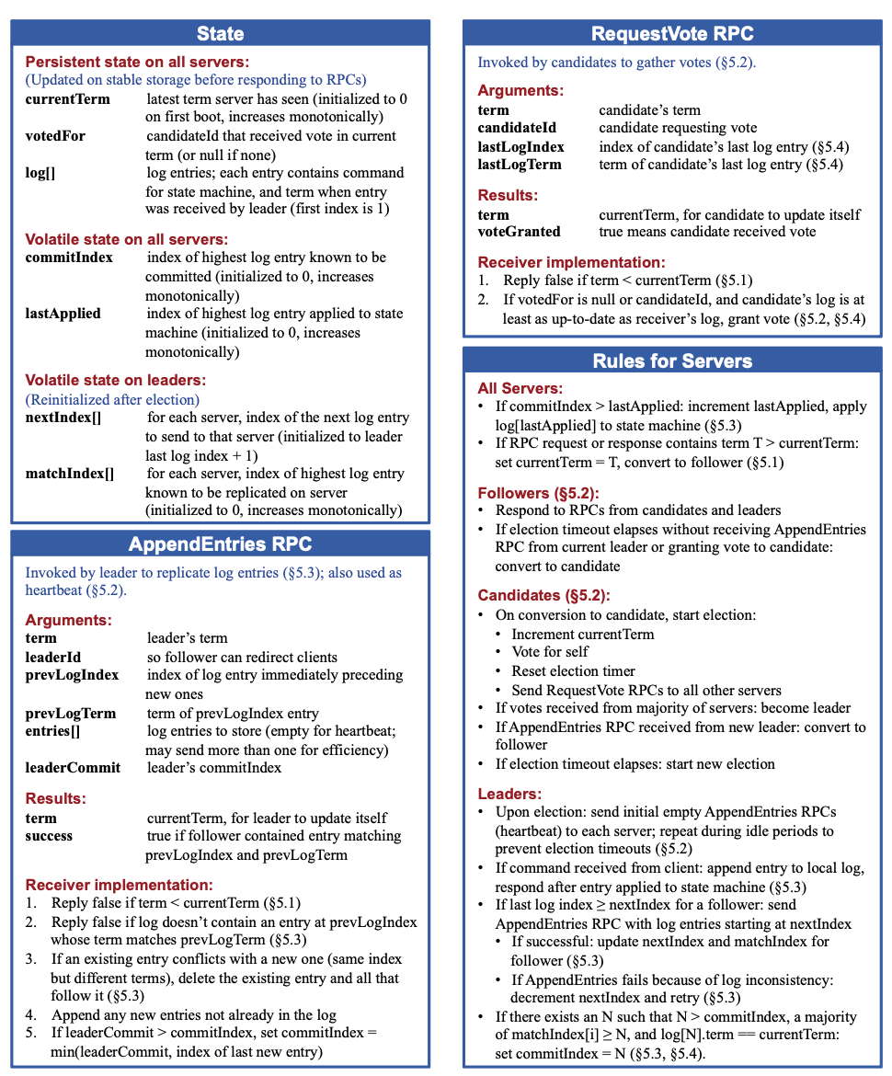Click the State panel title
[x=220, y=34]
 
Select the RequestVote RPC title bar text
[x=672, y=34]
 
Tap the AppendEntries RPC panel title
[x=220, y=544]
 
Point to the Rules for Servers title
[x=672, y=361]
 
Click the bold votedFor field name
[x=55, y=136]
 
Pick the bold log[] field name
[x=40, y=173]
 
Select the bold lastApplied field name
[x=63, y=314]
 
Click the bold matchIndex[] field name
[x=70, y=474]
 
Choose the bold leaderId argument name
[x=53, y=657]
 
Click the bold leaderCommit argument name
[x=73, y=768]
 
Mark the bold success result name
[x=49, y=836]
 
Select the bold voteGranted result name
[x=519, y=232]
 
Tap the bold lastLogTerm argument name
[x=520, y=165]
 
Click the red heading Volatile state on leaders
[x=116, y=380]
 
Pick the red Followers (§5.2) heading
[x=538, y=493]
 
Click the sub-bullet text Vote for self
[x=550, y=652]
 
